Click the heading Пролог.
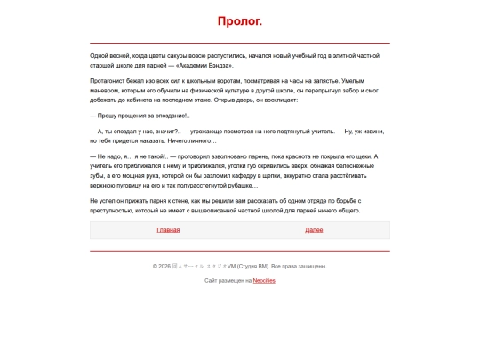pyautogui.click(x=239, y=21)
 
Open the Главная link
pyautogui.click(x=168, y=230)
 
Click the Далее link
pyautogui.click(x=314, y=230)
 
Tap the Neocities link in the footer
pyautogui.click(x=264, y=280)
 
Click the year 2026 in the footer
pyautogui.click(x=164, y=266)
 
